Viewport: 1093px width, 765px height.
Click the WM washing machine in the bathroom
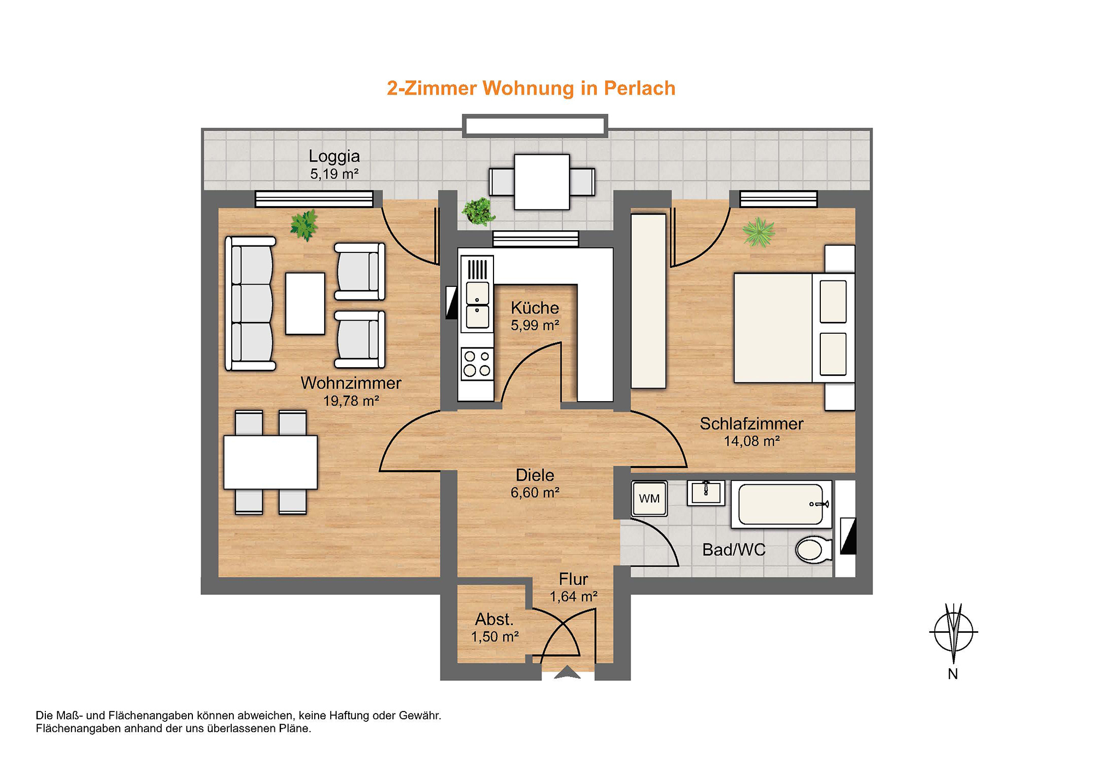[x=649, y=498]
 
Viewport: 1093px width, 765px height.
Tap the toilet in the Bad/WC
[x=814, y=550]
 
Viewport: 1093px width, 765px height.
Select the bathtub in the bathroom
[x=781, y=504]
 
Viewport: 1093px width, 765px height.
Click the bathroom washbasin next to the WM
[x=706, y=493]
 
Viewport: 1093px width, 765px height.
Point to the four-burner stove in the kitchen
[x=477, y=364]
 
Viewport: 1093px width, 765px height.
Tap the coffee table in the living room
[x=305, y=303]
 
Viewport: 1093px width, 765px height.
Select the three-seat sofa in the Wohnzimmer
[x=251, y=303]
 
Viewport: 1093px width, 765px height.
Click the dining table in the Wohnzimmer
[x=271, y=462]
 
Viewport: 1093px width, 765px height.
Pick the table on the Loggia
[x=542, y=182]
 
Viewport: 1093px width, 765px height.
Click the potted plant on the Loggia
[x=479, y=211]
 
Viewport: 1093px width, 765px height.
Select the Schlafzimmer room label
[x=751, y=423]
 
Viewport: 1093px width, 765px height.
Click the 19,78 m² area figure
[x=351, y=401]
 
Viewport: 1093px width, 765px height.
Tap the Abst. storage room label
[x=494, y=619]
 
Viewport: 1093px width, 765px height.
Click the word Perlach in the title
[x=639, y=89]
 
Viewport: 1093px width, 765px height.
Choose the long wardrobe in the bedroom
[x=649, y=301]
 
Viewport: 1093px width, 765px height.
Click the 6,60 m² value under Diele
[x=535, y=493]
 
